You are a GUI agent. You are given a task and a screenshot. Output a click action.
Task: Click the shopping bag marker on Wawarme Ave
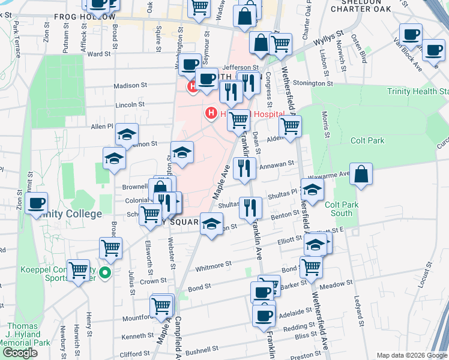[x=363, y=174]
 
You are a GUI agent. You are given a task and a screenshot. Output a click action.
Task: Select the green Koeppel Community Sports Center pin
[x=106, y=273]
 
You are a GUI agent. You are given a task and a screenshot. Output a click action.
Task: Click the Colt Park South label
[x=339, y=209]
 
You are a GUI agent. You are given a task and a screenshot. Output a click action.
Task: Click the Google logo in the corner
[x=20, y=353]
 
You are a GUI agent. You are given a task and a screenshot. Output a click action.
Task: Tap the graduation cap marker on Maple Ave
[x=211, y=224]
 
